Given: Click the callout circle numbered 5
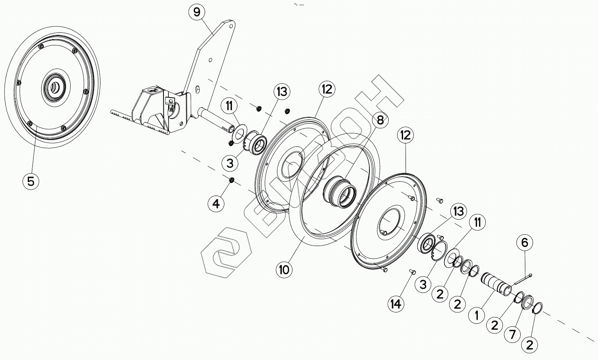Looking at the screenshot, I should pos(31,182).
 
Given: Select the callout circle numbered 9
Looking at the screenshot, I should pos(197,12).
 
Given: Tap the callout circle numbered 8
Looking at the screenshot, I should pos(380,120).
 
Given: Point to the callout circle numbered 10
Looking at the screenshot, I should pos(285,269).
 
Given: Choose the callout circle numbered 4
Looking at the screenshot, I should pos(216,204).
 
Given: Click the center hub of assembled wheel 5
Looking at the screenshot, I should pos(54,87).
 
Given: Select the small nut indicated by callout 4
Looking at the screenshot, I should pos(231,181).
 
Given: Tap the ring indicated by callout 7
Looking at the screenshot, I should pos(527,302).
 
